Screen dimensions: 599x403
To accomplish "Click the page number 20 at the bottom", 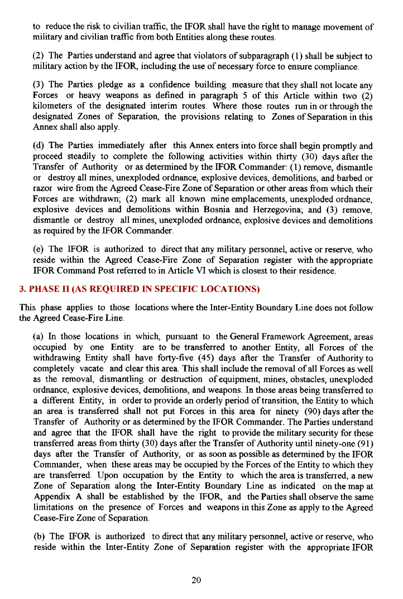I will [x=196, y=580].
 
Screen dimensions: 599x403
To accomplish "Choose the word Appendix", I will [x=52, y=497].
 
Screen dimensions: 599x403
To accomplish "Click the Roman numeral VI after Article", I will [x=208, y=272].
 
